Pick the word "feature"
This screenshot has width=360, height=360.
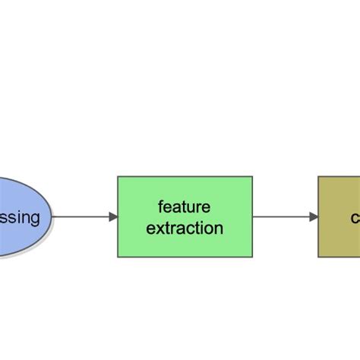(x=185, y=207)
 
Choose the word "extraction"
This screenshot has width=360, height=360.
(x=185, y=228)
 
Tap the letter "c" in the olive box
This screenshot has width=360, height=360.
(x=355, y=219)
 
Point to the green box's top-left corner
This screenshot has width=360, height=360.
(x=118, y=177)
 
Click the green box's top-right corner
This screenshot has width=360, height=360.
(x=252, y=177)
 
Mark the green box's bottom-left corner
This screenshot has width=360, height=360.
(x=118, y=257)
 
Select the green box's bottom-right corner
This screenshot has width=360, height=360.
(x=252, y=257)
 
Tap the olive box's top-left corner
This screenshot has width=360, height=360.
(x=318, y=177)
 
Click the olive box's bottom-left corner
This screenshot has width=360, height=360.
(x=318, y=257)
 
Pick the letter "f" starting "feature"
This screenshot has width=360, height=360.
(x=161, y=207)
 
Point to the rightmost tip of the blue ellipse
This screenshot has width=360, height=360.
(x=52, y=217)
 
